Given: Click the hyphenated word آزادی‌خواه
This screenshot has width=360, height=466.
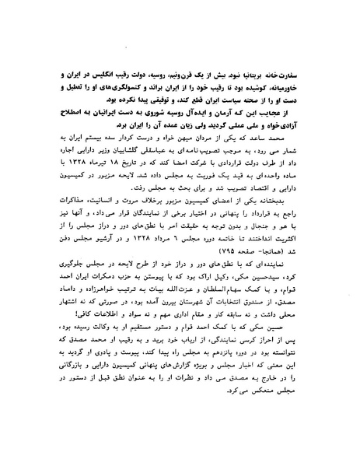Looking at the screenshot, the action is point(305,129).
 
